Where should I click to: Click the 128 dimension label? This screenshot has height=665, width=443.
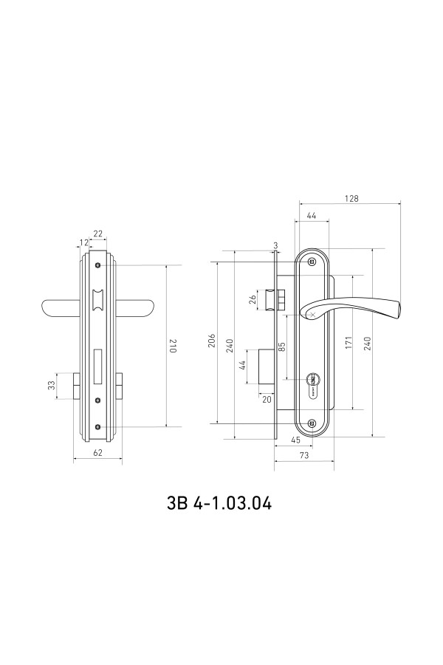click(x=351, y=199)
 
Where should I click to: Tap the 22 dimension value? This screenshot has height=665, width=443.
click(x=98, y=233)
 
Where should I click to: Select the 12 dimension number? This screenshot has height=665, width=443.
click(x=84, y=242)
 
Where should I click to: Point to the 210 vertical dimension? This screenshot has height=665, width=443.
click(x=173, y=346)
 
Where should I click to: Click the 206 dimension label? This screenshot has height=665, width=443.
click(x=213, y=341)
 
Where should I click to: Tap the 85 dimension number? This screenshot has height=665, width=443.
click(x=282, y=347)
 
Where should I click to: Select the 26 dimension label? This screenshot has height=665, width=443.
click(x=253, y=299)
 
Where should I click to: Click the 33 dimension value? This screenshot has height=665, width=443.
click(x=51, y=385)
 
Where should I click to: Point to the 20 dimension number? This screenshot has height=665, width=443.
click(x=267, y=400)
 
